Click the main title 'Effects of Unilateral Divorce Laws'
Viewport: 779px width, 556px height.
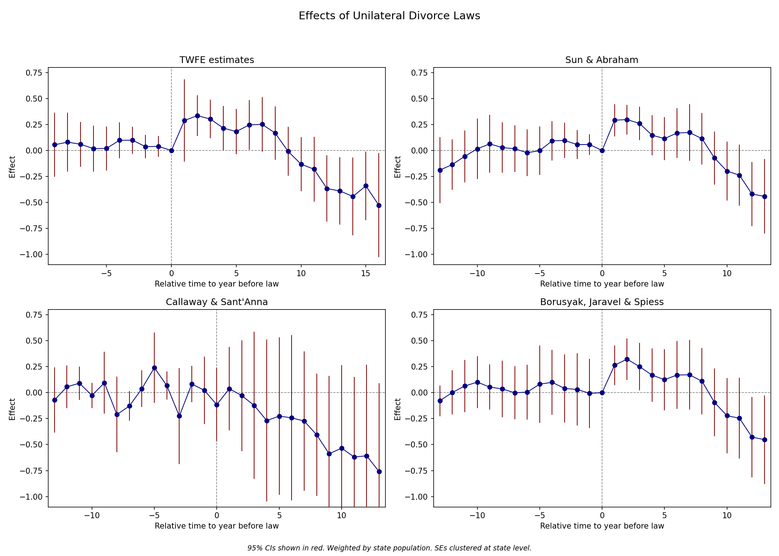(x=389, y=16)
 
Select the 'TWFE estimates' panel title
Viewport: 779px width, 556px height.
(x=217, y=60)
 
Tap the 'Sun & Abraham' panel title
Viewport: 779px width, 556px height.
(x=602, y=60)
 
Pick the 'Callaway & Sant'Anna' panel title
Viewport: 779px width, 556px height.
(x=217, y=302)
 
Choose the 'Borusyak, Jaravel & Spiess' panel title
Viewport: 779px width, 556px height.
(x=602, y=302)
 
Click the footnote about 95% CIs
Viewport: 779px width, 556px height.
(x=389, y=548)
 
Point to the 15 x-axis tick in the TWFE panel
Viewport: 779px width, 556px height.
(x=366, y=274)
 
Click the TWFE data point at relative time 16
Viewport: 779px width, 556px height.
(x=379, y=205)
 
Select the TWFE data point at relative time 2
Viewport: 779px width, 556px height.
(x=197, y=116)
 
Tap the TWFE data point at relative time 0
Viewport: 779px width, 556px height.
(x=171, y=150)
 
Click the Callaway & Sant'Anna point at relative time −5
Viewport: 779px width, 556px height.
(x=154, y=368)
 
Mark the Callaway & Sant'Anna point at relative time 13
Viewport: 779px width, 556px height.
(x=379, y=471)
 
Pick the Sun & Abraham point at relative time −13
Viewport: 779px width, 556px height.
(x=440, y=170)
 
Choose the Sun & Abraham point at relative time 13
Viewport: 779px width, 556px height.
(x=765, y=196)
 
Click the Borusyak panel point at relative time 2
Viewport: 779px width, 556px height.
(x=627, y=359)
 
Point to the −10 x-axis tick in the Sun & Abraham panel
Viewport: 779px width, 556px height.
(x=477, y=274)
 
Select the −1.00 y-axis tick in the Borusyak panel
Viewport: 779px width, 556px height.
(x=419, y=497)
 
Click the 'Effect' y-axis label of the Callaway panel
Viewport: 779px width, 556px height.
(x=12, y=409)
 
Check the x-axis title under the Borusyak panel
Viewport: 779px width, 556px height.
(x=602, y=526)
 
